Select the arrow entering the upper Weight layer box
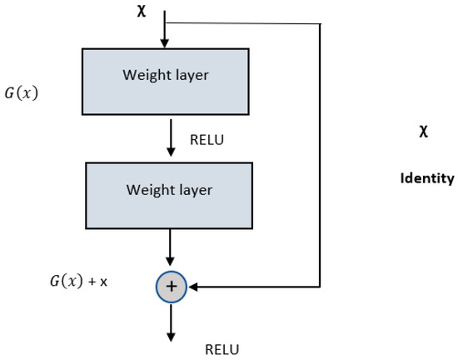click(165, 33)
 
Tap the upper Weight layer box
click(165, 81)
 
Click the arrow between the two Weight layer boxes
click(171, 138)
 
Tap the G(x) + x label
click(78, 282)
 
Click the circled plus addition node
click(171, 287)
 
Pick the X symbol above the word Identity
click(424, 132)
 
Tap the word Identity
click(427, 178)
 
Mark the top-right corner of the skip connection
click(321, 23)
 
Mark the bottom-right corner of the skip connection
click(321, 287)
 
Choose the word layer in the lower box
click(195, 190)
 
